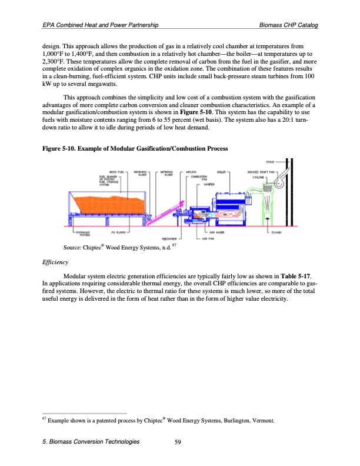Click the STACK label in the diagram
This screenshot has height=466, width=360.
point(271,161)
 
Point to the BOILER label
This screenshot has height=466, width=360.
point(222,171)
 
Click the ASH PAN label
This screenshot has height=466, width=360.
point(208,238)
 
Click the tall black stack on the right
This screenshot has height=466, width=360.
point(292,194)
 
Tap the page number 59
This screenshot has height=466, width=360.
point(179,442)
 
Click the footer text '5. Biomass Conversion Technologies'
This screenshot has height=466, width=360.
point(91,442)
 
